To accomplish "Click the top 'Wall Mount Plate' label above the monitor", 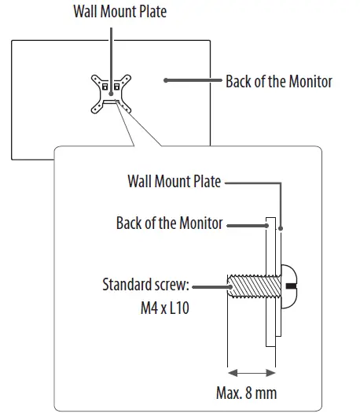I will [119, 12].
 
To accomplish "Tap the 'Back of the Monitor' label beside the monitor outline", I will [278, 81].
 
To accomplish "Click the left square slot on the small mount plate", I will [104, 87].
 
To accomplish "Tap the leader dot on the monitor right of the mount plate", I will [167, 80].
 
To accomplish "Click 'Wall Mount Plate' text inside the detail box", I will [174, 182].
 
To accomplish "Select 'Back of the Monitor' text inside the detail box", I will [169, 223].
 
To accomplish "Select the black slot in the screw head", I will [292, 284].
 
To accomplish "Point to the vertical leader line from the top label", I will [111, 47].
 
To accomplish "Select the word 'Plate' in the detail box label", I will [208, 182].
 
